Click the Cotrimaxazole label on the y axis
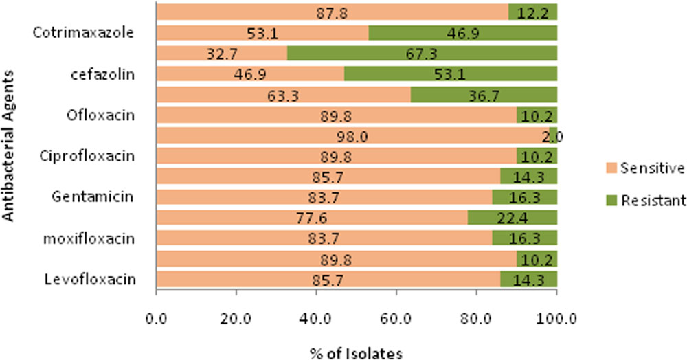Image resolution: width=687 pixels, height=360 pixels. (83, 33)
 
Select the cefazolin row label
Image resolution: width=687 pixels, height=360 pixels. (102, 74)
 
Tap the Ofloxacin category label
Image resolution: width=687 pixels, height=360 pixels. (100, 115)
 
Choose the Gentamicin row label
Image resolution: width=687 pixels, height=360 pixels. (93, 197)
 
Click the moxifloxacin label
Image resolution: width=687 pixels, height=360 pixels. (89, 238)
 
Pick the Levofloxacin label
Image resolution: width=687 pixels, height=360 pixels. (90, 280)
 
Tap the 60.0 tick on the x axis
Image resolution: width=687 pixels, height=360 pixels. (396, 318)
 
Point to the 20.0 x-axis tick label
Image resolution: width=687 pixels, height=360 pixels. (236, 318)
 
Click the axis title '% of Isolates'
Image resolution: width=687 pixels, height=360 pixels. (356, 353)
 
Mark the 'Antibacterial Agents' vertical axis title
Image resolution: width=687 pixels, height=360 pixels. (8, 146)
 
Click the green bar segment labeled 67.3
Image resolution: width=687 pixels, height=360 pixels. (422, 53)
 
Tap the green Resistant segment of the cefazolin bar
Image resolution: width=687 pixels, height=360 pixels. (451, 74)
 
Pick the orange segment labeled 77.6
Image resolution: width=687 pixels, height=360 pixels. (312, 217)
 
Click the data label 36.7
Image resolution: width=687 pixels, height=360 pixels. (482, 95)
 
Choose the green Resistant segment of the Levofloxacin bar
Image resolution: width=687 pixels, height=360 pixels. (528, 278)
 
